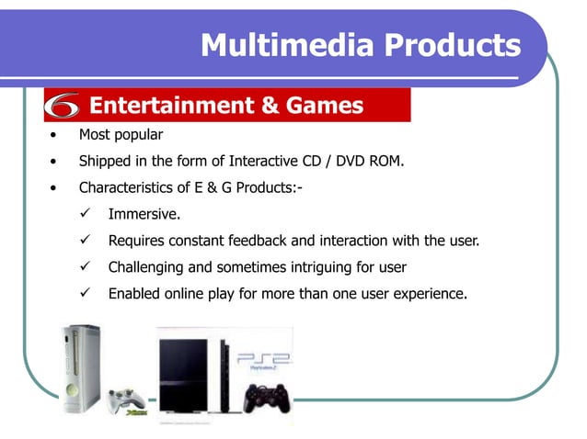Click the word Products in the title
pyautogui.click(x=454, y=44)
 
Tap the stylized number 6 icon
pyautogui.click(x=63, y=107)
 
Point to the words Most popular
pyautogui.click(x=121, y=135)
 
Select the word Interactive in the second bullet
pyautogui.click(x=250, y=162)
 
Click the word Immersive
pyautogui.click(x=144, y=215)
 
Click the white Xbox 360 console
pyautogui.click(x=80, y=367)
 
